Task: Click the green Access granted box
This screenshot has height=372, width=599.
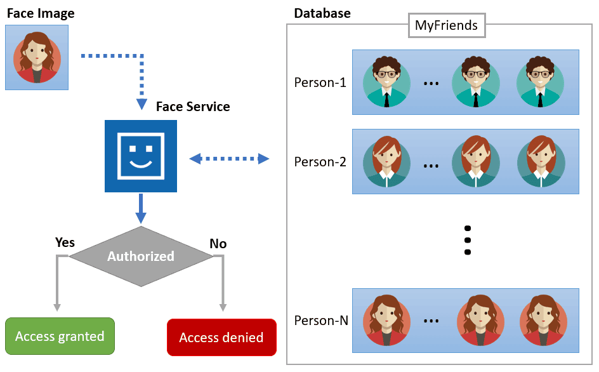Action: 60,336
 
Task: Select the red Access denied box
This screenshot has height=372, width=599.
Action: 221,337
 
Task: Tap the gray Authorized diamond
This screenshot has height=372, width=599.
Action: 140,256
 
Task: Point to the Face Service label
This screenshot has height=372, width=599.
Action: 193,107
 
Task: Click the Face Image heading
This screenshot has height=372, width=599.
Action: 41,13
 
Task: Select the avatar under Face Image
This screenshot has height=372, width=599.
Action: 37,57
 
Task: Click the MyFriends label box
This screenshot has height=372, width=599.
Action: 447,26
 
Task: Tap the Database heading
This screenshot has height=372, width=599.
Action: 322,13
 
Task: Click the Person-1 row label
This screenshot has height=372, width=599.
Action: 320,82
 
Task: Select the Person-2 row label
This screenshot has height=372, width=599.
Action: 320,161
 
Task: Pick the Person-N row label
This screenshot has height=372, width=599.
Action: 321,321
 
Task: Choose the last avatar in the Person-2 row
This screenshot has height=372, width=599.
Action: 541,161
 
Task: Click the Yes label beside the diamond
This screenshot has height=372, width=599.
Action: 65,242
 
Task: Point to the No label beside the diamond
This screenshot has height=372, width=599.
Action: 218,244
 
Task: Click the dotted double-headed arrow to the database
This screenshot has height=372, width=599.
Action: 230,157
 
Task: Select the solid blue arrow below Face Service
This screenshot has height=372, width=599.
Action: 141,208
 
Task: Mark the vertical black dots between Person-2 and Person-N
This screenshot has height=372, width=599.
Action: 468,240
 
